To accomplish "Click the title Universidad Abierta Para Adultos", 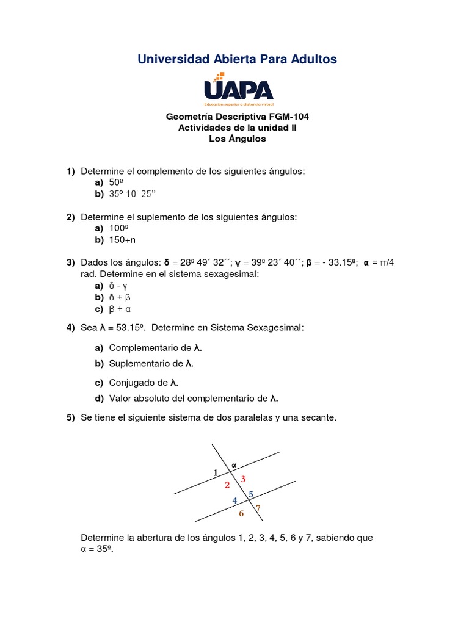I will tap(237, 59).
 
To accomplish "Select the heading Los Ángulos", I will tap(238, 139).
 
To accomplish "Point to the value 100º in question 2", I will tap(118, 228).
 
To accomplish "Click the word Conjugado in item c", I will tap(138, 383).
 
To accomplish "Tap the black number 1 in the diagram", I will tap(215, 472).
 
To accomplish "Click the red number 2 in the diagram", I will tap(227, 485).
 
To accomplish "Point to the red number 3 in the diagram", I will tap(243, 479).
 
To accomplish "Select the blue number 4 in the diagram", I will tap(234, 501).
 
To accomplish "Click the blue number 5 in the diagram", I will tap(251, 494).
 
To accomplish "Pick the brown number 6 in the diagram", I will tap(241, 513).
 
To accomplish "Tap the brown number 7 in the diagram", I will tap(258, 508).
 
